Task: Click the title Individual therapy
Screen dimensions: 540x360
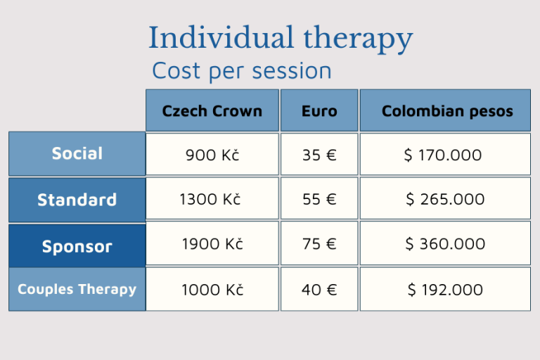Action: [281, 39]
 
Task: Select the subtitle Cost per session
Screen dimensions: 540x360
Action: [242, 71]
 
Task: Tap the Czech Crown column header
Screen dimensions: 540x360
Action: [212, 110]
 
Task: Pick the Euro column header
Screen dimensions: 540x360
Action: [319, 110]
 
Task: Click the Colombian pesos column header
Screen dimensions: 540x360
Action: [445, 110]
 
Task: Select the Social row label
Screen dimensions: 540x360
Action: [77, 154]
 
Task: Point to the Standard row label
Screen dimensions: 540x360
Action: [77, 200]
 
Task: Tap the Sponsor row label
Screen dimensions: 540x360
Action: [77, 246]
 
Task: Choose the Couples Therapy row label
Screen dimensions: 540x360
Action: [77, 290]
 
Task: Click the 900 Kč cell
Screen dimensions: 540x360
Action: [212, 154]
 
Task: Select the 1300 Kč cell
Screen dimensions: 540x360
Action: [212, 199]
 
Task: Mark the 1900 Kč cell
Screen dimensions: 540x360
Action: [212, 243]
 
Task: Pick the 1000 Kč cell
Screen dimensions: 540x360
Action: [212, 290]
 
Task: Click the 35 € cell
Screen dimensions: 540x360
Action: [319, 154]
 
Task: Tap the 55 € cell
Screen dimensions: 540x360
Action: [319, 199]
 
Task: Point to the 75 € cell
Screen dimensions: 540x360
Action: [319, 243]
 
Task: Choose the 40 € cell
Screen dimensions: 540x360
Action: [319, 290]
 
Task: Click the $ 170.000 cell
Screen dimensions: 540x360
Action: [445, 154]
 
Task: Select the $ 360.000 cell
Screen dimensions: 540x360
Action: [445, 243]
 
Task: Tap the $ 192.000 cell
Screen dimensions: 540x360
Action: [445, 290]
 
